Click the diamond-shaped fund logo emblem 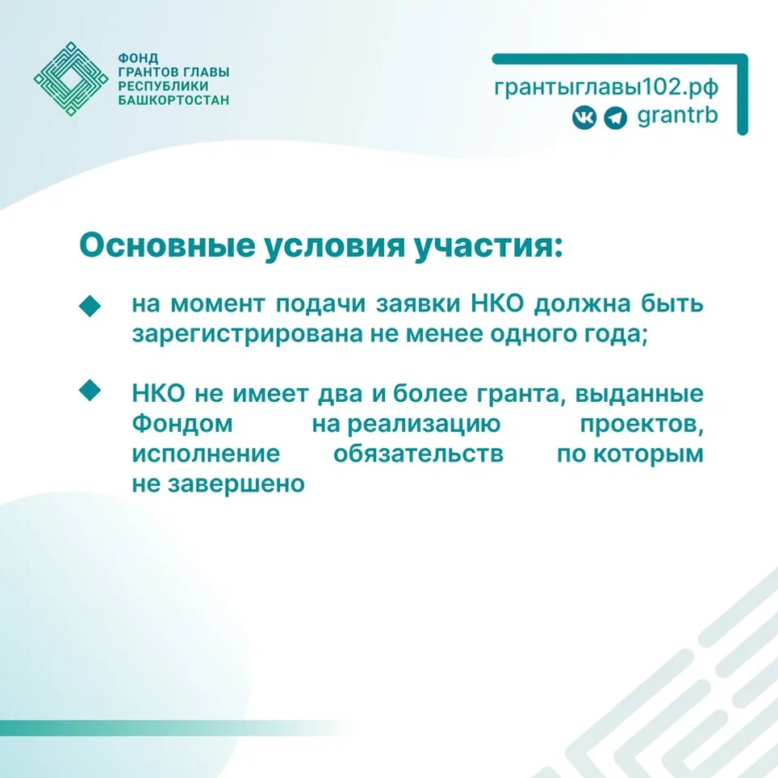click(72, 79)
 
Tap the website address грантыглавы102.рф click(605, 87)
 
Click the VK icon click(584, 118)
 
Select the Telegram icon click(614, 118)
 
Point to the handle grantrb click(677, 116)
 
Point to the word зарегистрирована click(243, 334)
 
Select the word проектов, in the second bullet click(642, 425)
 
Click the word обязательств click(418, 454)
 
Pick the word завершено click(228, 483)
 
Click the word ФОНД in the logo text click(136, 59)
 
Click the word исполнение click(206, 454)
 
